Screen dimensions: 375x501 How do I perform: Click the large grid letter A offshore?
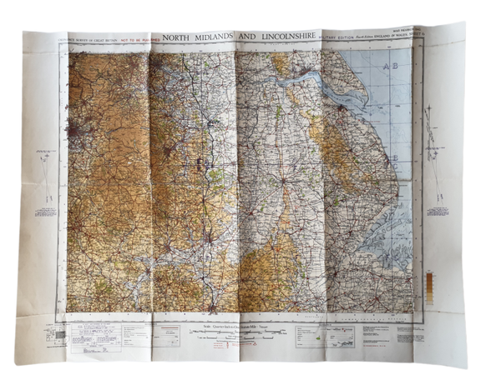(x=386, y=65)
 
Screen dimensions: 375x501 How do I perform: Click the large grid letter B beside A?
(x=397, y=65)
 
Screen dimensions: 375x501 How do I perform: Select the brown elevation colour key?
(x=430, y=285)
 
